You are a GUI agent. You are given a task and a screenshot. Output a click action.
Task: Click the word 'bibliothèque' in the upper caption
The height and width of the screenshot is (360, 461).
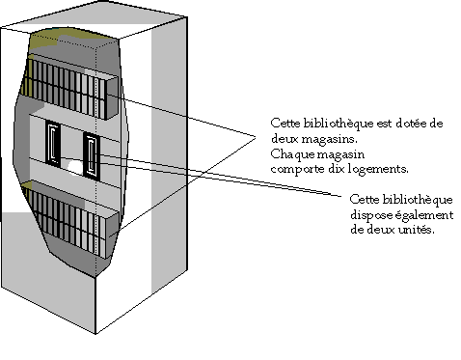pyautogui.click(x=333, y=124)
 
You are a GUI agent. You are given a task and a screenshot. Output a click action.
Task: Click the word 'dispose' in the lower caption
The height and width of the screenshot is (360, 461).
pyautogui.click(x=366, y=214)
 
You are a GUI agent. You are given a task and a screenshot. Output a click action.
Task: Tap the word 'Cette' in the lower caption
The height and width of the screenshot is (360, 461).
pyautogui.click(x=362, y=200)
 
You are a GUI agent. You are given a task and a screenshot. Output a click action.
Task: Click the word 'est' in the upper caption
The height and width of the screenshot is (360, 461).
pyautogui.click(x=380, y=124)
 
